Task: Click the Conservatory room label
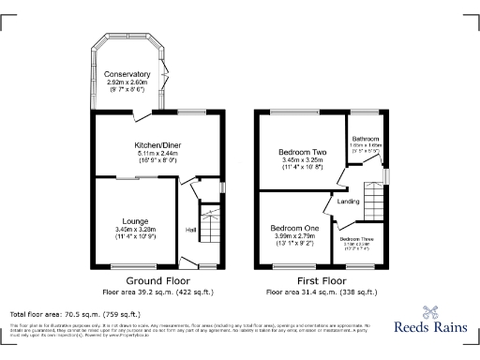pyautogui.click(x=127, y=74)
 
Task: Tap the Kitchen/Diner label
pyautogui.click(x=157, y=145)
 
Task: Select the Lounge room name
pyautogui.click(x=130, y=221)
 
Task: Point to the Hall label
pyautogui.click(x=191, y=230)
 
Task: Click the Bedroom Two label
pyautogui.click(x=301, y=152)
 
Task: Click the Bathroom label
pyautogui.click(x=365, y=139)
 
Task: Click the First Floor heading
pyautogui.click(x=321, y=280)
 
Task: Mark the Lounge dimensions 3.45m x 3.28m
pyautogui.click(x=130, y=230)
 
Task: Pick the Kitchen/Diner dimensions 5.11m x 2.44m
pyautogui.click(x=157, y=154)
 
